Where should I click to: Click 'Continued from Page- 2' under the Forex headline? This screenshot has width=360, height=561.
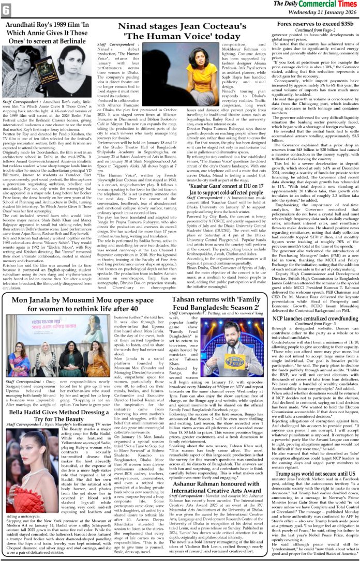coord(316,30)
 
